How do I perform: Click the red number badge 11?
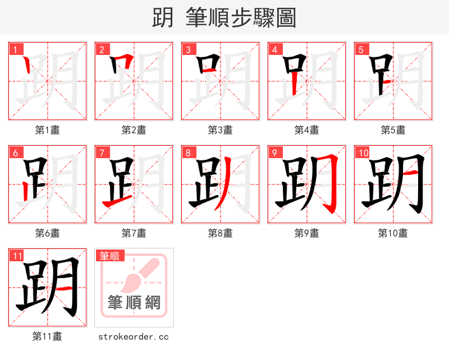[17, 256]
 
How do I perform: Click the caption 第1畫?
[48, 130]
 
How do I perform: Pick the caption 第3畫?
[221, 130]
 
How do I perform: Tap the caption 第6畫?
[48, 233]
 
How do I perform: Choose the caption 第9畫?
[307, 233]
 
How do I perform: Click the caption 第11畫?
[48, 336]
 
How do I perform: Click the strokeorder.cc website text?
[134, 337]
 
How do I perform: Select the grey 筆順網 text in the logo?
[134, 303]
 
